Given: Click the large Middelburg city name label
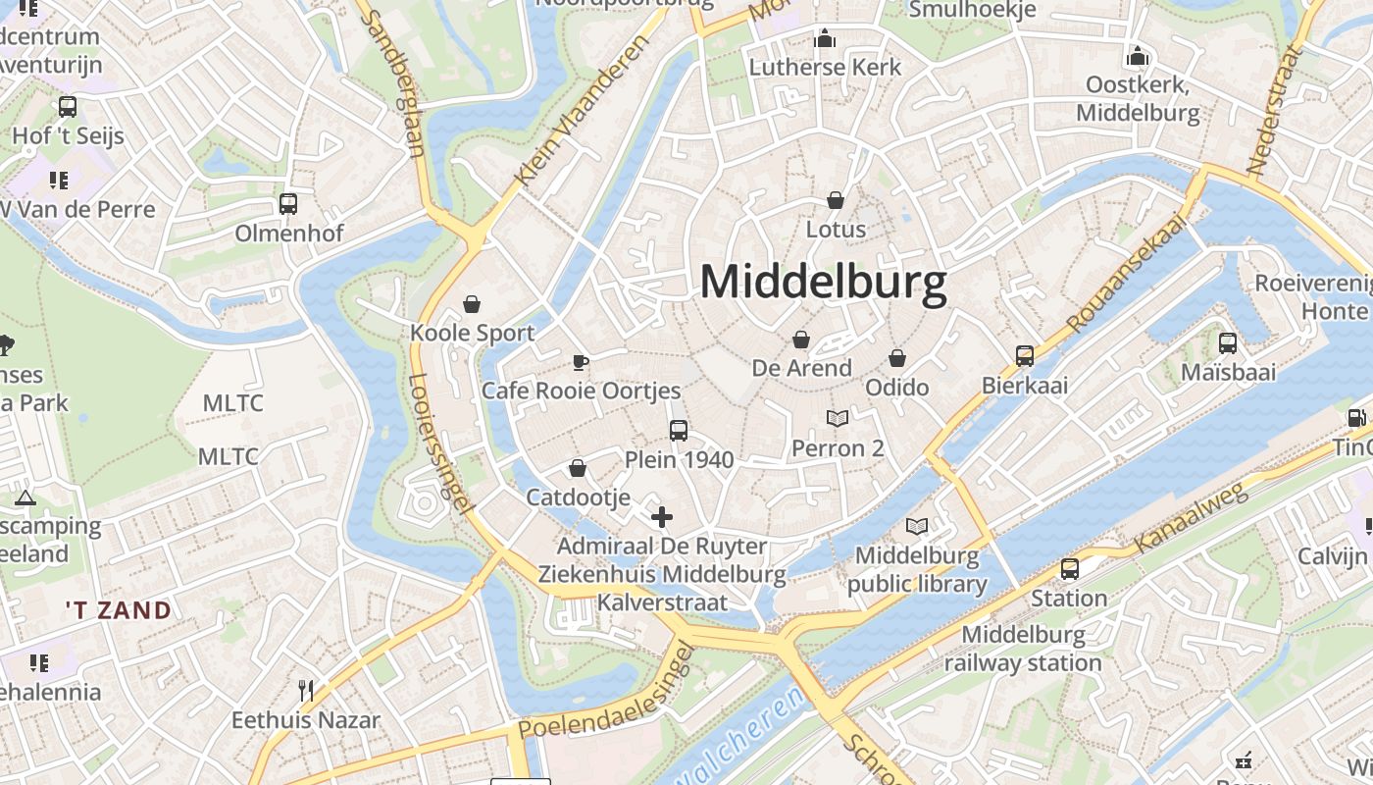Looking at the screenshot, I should [823, 283].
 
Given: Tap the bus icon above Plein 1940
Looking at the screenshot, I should [678, 430].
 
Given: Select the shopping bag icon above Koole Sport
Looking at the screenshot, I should [472, 304].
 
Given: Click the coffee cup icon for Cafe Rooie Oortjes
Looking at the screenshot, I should [581, 362].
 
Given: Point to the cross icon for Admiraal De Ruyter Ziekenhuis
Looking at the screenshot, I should [662, 517].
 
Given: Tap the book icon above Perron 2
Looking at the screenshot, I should [837, 419].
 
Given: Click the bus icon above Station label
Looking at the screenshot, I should [1069, 568].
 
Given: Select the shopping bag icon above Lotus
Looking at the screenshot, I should [836, 200].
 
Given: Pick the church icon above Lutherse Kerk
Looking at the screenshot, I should [825, 38].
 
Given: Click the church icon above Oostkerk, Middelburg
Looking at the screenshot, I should [1138, 56].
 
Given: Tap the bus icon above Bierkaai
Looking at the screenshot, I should [1025, 355].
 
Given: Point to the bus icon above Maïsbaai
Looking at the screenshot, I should [1227, 342].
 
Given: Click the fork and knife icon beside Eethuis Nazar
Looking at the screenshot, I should [306, 691].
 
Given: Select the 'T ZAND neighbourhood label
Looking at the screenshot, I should [119, 610].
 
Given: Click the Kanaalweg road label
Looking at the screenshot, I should [1192, 518].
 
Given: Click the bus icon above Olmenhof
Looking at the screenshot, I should [287, 204].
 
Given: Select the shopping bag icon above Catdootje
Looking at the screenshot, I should [578, 469].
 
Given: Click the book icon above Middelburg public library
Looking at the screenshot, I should [916, 527].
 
